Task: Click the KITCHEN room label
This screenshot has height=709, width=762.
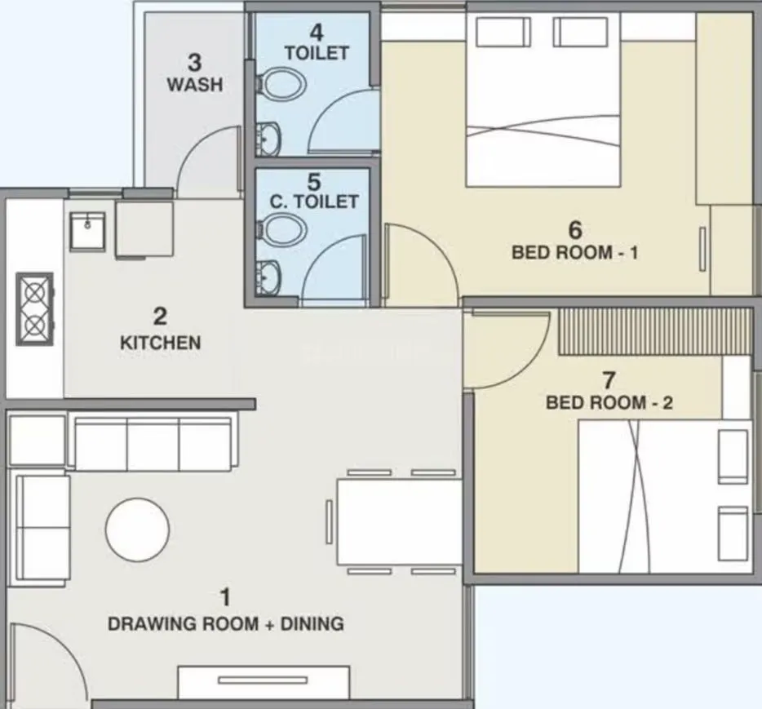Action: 160,342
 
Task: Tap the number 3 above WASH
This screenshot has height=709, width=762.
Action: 194,62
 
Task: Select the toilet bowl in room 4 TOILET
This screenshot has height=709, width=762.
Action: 282,84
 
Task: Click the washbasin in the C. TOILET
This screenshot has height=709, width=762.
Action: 268,278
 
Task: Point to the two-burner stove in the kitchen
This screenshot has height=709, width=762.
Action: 34,309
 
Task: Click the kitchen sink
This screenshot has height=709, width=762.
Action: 86,231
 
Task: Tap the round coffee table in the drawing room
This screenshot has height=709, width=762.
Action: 137,529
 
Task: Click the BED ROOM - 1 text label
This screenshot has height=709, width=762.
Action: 574,253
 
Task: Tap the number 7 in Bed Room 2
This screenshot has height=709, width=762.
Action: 609,380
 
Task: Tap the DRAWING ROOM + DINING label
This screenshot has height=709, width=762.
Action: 225,624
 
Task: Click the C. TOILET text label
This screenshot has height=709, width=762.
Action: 314,202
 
